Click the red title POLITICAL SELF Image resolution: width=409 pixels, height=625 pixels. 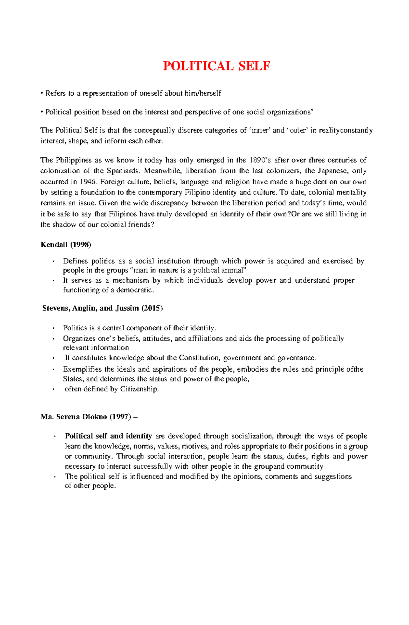pyautogui.click(x=216, y=66)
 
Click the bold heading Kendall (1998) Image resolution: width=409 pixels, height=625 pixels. pyautogui.click(x=66, y=245)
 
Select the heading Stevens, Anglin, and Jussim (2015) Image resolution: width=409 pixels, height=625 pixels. pyautogui.click(x=103, y=308)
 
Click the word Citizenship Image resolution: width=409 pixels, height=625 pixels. pyautogui.click(x=139, y=389)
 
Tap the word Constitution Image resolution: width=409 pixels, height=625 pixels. pyautogui.click(x=199, y=358)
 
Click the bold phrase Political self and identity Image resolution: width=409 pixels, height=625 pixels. pyautogui.click(x=108, y=436)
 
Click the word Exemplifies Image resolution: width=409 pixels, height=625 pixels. pyautogui.click(x=82, y=370)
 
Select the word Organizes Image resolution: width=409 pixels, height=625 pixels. pyautogui.click(x=79, y=339)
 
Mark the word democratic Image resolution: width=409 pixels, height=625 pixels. pyautogui.click(x=135, y=290)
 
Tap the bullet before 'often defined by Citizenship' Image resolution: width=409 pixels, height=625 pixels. pyautogui.click(x=54, y=389)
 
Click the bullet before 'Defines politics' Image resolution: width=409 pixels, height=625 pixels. pyautogui.click(x=54, y=262)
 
